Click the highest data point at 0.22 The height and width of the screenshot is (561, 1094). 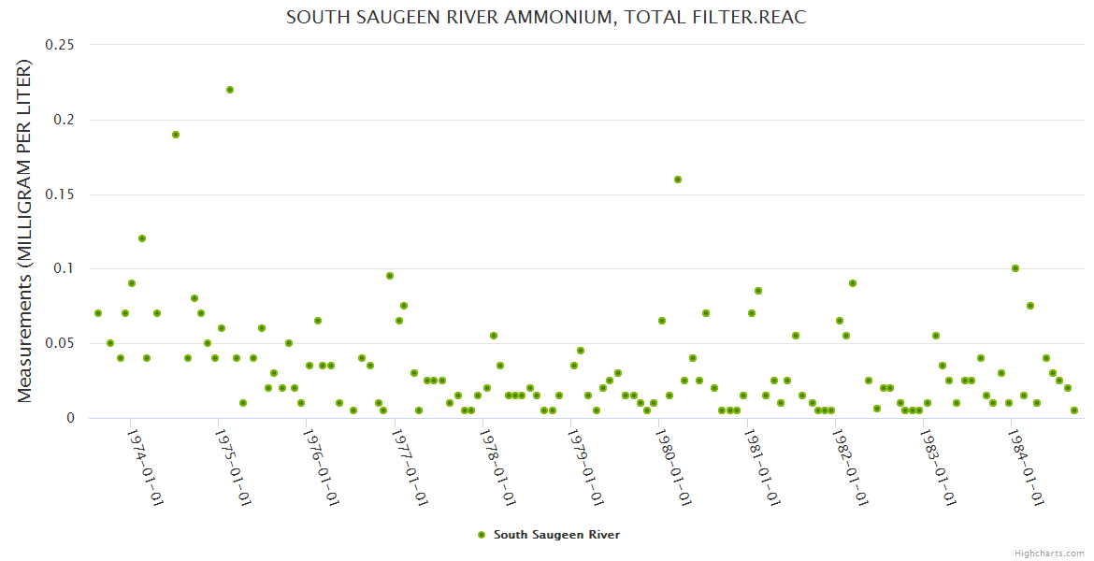[230, 90]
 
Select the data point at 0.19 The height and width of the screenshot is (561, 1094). [176, 135]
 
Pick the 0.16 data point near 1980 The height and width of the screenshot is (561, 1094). [678, 180]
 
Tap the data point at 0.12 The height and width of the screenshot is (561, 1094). [142, 238]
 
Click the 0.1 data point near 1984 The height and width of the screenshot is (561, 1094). [1015, 268]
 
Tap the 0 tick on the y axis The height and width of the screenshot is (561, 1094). [69, 418]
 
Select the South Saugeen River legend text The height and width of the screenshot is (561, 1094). [556, 535]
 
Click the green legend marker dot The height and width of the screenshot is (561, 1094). [482, 535]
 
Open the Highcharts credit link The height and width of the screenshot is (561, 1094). [1049, 553]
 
